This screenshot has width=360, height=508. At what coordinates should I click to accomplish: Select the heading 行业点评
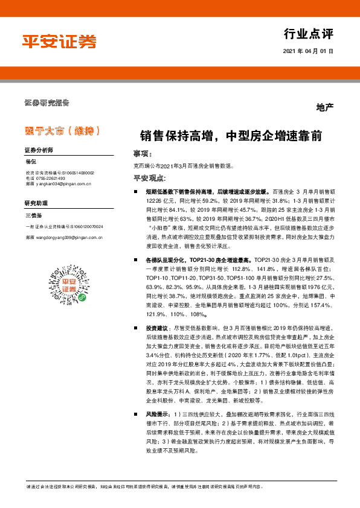click(x=308, y=33)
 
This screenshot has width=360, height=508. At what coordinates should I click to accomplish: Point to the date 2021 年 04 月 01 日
click(x=308, y=52)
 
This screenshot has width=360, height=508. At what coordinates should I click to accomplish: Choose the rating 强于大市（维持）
click(x=59, y=131)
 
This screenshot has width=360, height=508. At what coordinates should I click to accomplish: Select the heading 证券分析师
click(x=39, y=150)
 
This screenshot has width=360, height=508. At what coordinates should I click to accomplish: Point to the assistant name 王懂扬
click(x=33, y=215)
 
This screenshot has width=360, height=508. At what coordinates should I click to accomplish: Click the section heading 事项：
click(x=143, y=154)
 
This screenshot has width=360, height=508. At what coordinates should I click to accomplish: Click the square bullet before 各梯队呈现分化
click(x=137, y=259)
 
